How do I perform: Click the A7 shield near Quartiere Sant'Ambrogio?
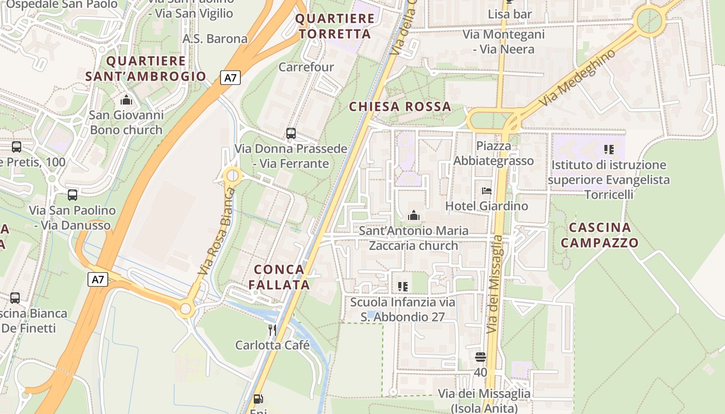tap(230, 78)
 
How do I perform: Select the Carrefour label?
tap(306, 67)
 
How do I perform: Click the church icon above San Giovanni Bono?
tap(126, 100)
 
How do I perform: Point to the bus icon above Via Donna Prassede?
tap(291, 134)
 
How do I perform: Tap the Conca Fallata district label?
tap(279, 277)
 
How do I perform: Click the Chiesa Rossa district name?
tap(400, 107)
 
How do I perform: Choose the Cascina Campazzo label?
tap(600, 235)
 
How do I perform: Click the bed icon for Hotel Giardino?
tap(486, 191)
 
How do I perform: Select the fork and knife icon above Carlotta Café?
tap(272, 330)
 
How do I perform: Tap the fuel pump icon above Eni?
tap(258, 399)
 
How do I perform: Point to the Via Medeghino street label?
tap(577, 78)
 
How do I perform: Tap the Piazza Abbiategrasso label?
tap(494, 153)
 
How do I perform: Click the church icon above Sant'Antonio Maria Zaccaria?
tap(414, 215)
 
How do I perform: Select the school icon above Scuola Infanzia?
tap(402, 286)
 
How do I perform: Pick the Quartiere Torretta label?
tap(335, 26)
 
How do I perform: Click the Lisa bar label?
tap(510, 14)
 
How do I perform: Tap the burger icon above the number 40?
tap(481, 357)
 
